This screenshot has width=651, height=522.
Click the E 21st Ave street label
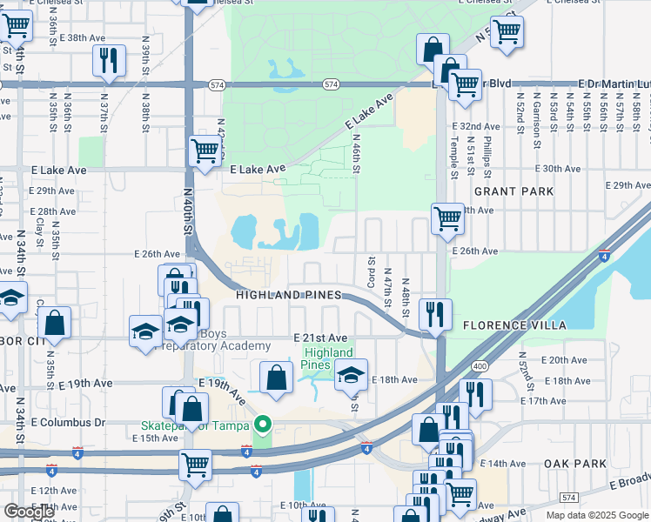click(x=320, y=338)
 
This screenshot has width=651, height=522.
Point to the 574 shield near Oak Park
click(x=568, y=497)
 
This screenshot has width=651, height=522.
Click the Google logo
click(x=29, y=511)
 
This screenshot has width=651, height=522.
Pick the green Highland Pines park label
click(x=328, y=358)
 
